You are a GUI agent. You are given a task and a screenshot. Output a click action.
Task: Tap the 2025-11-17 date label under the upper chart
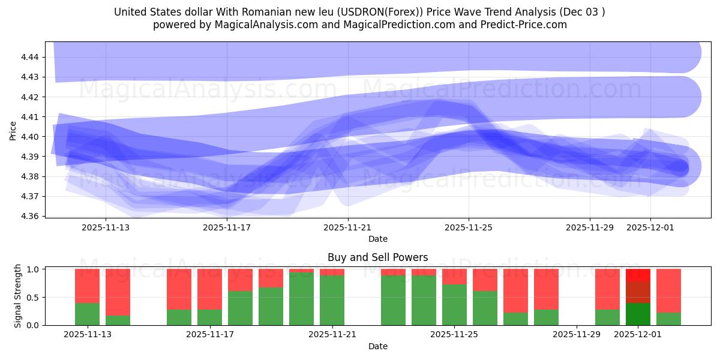[227, 227]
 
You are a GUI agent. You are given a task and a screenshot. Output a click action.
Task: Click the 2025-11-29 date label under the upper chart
[589, 227]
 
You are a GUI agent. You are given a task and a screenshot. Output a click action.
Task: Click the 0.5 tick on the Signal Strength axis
[34, 298]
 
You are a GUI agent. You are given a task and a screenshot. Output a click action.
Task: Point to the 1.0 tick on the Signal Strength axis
[34, 269]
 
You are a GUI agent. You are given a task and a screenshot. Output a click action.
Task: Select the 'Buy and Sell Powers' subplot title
[377, 257]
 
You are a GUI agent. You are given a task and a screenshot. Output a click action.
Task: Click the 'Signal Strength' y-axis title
[18, 296]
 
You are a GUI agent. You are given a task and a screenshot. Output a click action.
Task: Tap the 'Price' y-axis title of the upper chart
[13, 130]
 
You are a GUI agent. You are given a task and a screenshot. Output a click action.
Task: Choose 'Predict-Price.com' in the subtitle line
[523, 25]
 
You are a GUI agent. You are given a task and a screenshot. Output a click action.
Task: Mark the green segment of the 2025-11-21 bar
[332, 300]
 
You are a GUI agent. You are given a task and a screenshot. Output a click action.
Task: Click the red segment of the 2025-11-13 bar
[87, 286]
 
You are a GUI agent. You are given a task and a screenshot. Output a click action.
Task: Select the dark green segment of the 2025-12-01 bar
[638, 314]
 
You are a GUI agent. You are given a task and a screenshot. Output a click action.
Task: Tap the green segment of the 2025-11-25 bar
[454, 305]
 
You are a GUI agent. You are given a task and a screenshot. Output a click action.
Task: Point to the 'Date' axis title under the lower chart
[377, 346]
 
